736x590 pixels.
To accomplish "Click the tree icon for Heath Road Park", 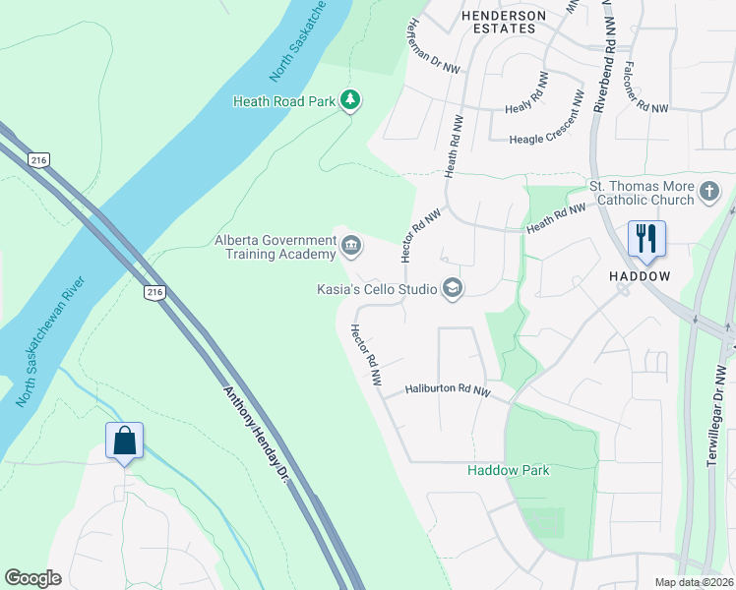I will [x=349, y=99].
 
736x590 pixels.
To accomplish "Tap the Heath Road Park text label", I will [x=283, y=100].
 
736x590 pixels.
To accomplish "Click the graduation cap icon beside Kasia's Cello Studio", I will [x=453, y=288].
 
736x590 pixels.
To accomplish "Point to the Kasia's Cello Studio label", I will [x=377, y=289].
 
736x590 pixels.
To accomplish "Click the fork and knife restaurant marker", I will [x=646, y=239].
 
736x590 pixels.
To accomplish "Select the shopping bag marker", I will [x=125, y=441].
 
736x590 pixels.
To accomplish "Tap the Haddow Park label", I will [x=508, y=470].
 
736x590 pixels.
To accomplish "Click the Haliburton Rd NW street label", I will [x=448, y=391].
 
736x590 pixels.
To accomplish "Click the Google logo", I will [x=32, y=578].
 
